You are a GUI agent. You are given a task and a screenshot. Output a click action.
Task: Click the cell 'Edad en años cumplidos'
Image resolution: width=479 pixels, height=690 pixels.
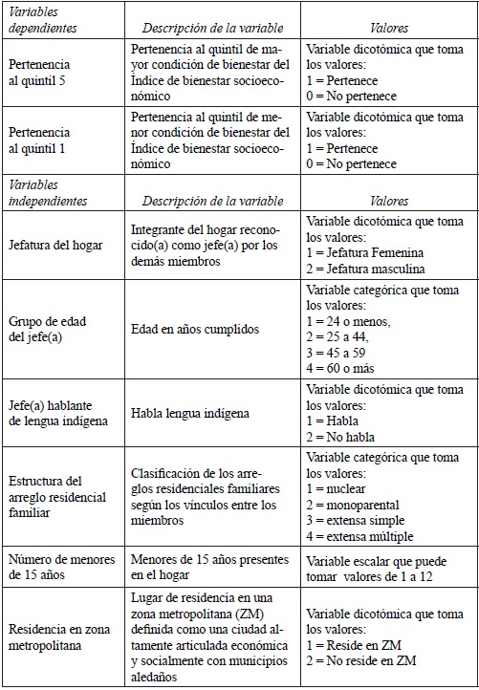[x=196, y=329]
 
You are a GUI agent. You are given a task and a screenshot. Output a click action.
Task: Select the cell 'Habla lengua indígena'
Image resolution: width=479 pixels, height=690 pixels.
[x=190, y=413]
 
